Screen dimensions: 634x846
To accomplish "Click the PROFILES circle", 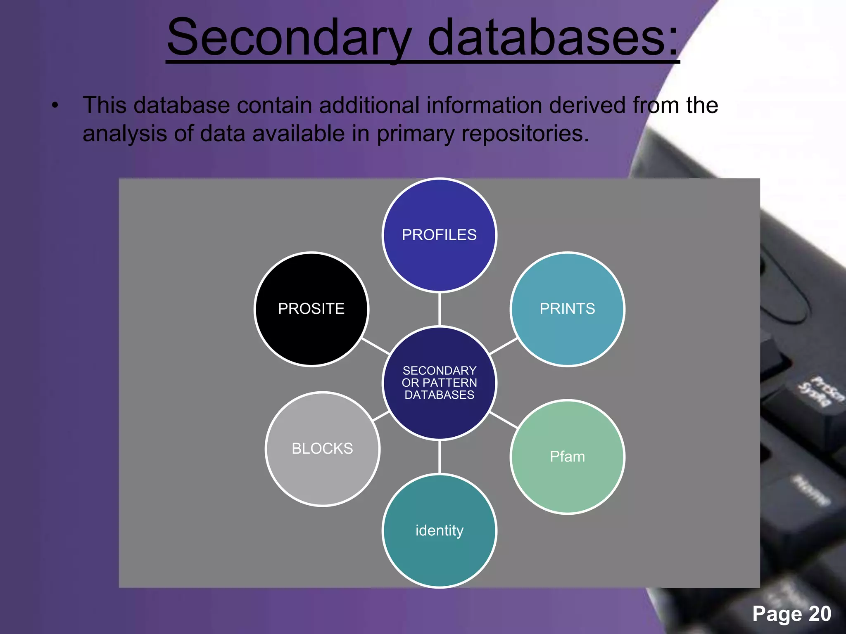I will click(439, 235).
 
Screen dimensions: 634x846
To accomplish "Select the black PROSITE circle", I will click(311, 309).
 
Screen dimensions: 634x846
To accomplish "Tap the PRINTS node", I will click(567, 309).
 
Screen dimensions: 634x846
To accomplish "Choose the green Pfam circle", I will click(567, 457).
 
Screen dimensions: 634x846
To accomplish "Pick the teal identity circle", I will click(439, 530).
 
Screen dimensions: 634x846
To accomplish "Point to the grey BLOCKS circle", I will click(322, 449).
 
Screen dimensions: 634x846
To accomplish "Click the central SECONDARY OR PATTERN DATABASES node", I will click(439, 383).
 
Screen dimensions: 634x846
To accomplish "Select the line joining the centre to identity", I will click(439, 457).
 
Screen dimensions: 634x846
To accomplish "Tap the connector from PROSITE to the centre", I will click(375, 346).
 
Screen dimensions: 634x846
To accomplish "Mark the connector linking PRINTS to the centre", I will click(503, 346).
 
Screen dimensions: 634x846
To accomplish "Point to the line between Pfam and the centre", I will click(503, 420).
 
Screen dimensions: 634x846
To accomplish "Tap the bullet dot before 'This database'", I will click(55, 106).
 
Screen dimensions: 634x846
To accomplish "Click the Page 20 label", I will click(791, 613).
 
